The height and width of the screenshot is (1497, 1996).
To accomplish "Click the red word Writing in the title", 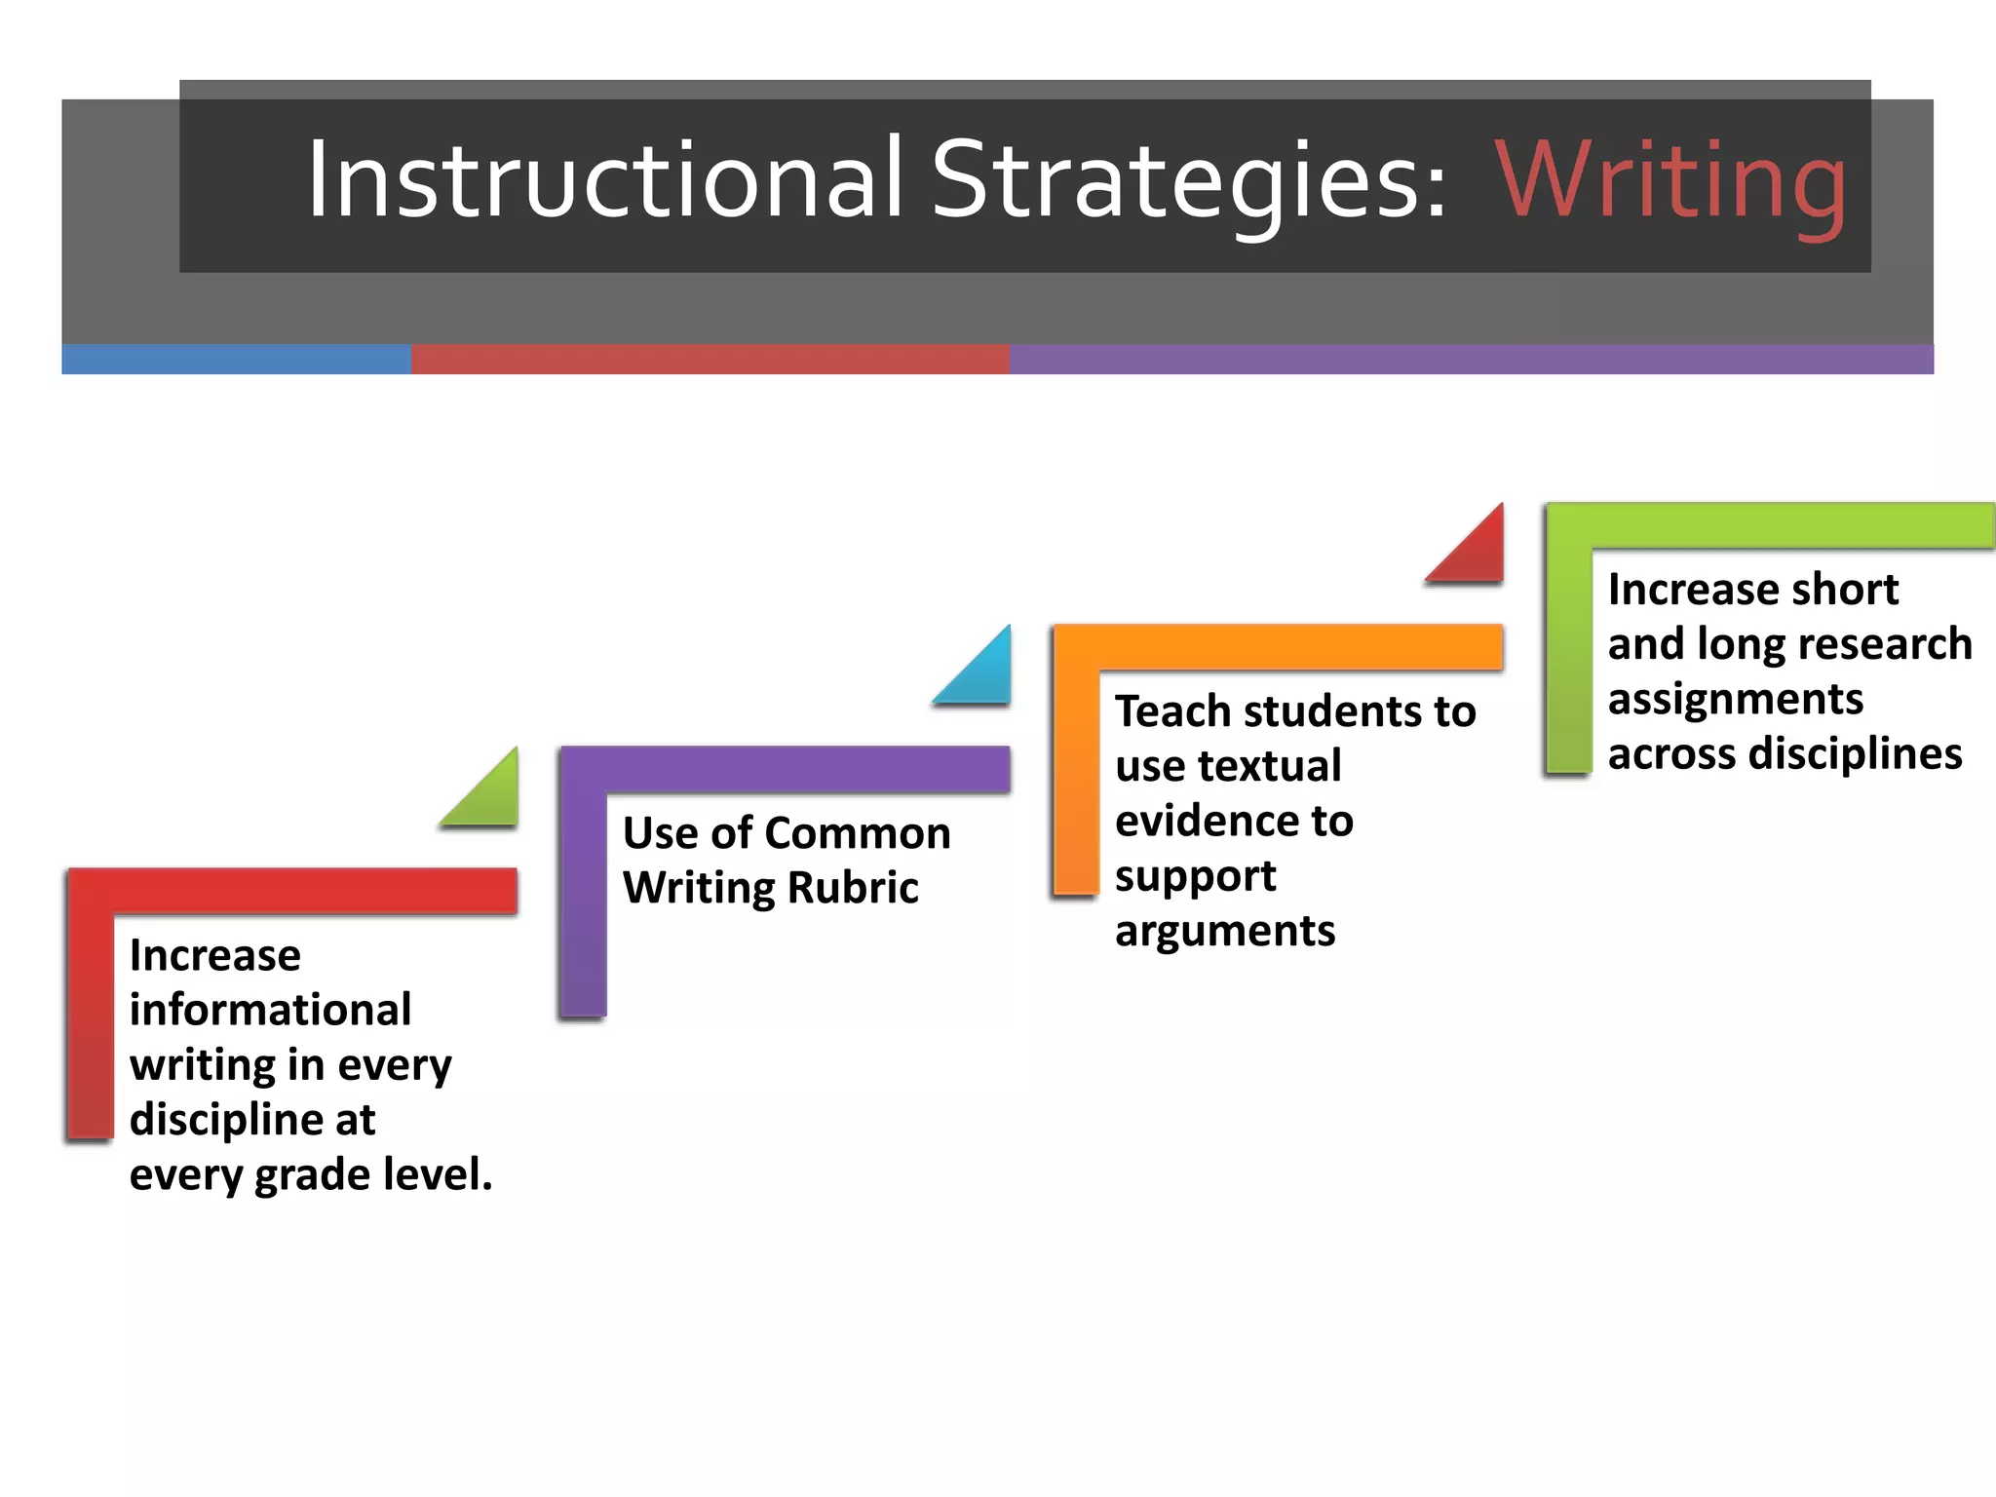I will [1670, 181].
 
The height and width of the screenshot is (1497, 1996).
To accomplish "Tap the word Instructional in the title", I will [605, 179].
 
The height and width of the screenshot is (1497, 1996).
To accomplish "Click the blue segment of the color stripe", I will [236, 359].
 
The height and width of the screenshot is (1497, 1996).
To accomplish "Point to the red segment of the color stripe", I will [710, 359].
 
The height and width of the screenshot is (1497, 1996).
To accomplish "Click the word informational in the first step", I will [270, 1010].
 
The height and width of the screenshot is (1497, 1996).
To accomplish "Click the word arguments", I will [1225, 931].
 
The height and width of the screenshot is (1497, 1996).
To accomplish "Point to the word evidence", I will [1234, 821].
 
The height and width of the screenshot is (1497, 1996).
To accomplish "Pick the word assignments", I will [1735, 700].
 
